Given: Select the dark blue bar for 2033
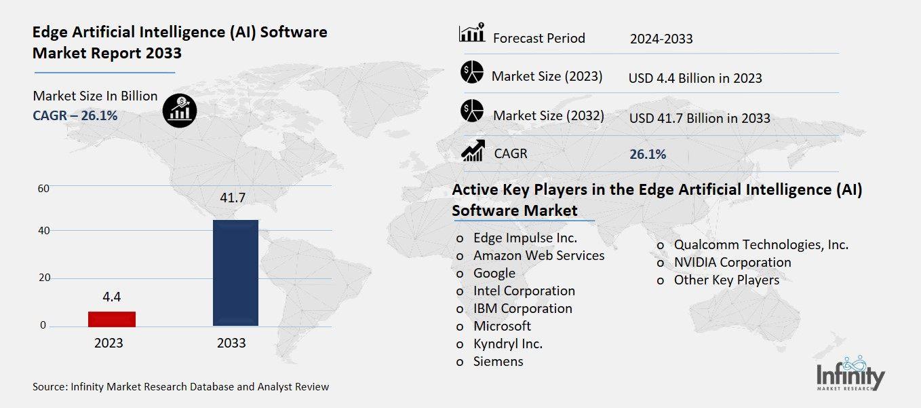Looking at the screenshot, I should (x=235, y=273).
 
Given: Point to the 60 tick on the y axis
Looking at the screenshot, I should (x=43, y=188).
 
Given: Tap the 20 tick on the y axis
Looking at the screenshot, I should (x=43, y=278).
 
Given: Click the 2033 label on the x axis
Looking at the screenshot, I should (x=231, y=343).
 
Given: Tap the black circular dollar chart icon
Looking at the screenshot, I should (x=180, y=109).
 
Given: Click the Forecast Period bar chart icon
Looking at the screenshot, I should (x=471, y=33).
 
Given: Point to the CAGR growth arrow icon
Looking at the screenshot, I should (x=472, y=151).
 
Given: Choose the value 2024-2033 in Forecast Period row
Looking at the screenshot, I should (x=661, y=39).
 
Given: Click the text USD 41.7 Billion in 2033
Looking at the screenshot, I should (x=699, y=118).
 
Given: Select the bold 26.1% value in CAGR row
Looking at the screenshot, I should (x=648, y=154).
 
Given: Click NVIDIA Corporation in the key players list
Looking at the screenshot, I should (x=732, y=262).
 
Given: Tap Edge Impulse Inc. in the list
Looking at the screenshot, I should (x=525, y=238).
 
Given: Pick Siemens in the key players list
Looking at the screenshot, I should (x=498, y=361).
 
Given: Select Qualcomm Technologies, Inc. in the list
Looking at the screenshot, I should (x=760, y=244).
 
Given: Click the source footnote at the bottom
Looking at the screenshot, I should (x=180, y=387).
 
